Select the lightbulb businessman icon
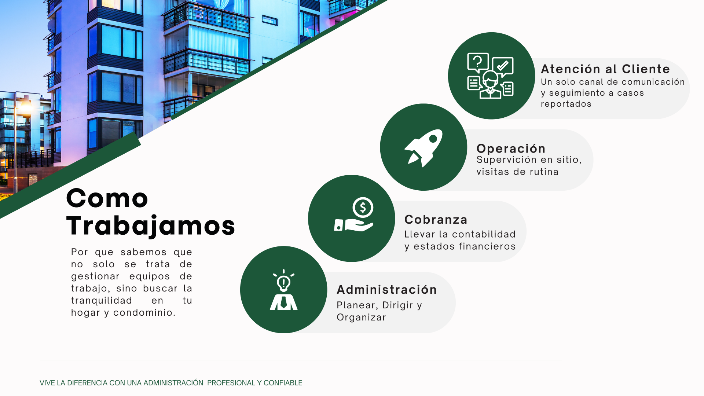pyautogui.click(x=283, y=290)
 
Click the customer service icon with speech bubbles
pyautogui.click(x=490, y=76)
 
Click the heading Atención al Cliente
pyautogui.click(x=605, y=69)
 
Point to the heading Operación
pyautogui.click(x=511, y=148)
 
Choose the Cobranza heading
pyautogui.click(x=436, y=220)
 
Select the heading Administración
pyautogui.click(x=387, y=290)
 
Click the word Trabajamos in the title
pyautogui.click(x=150, y=225)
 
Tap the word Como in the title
pyautogui.click(x=107, y=198)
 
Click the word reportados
pyautogui.click(x=566, y=104)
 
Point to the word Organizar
pyautogui.click(x=361, y=318)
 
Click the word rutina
pyautogui.click(x=542, y=172)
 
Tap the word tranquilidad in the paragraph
pyautogui.click(x=102, y=301)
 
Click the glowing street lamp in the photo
pyautogui.click(x=26, y=106)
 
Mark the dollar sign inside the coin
pyautogui.click(x=363, y=208)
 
